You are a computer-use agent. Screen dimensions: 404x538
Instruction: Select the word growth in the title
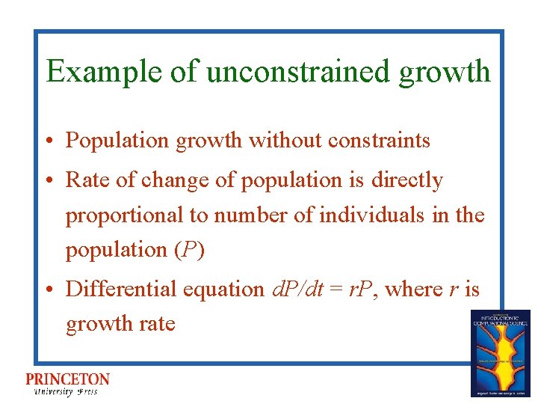[445, 73]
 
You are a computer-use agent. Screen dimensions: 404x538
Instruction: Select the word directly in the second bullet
[407, 180]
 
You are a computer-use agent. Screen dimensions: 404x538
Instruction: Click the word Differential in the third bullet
[114, 289]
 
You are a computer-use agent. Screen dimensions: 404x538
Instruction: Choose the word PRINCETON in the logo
[67, 379]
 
